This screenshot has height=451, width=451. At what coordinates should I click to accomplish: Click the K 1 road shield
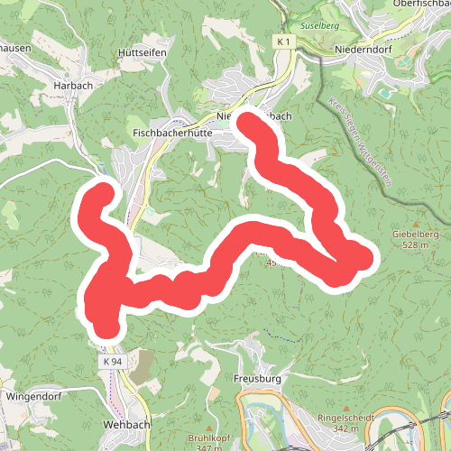[284, 42]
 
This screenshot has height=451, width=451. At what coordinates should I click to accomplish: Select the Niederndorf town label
[364, 48]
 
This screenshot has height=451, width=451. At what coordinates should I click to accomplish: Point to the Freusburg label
[257, 379]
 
